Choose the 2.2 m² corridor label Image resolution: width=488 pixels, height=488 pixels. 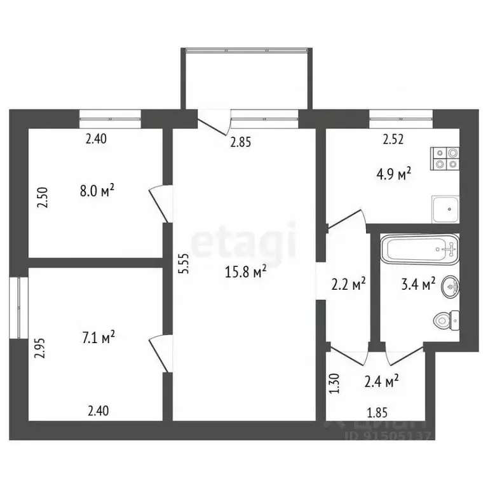(x=349, y=285)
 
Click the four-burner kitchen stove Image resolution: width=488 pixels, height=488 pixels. (x=445, y=158)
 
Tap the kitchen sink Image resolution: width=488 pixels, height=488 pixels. (x=445, y=208)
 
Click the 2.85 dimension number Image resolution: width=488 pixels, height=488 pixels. (x=241, y=142)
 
